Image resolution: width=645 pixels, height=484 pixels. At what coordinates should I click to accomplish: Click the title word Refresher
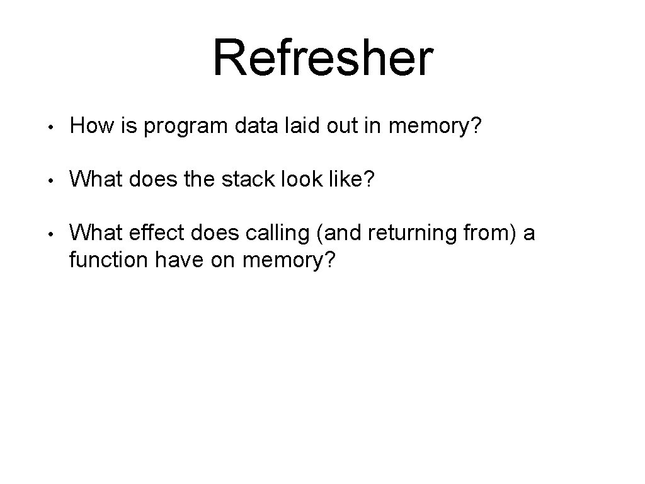click(x=322, y=58)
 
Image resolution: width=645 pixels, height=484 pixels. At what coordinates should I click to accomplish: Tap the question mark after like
click(x=368, y=181)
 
